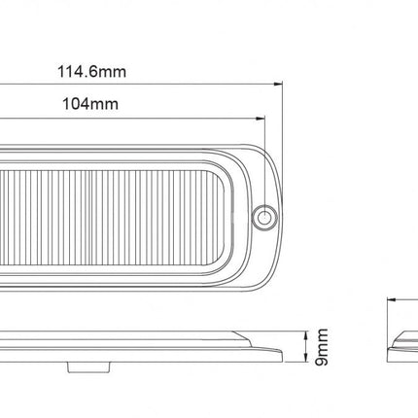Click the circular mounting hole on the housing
pos(261,217)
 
